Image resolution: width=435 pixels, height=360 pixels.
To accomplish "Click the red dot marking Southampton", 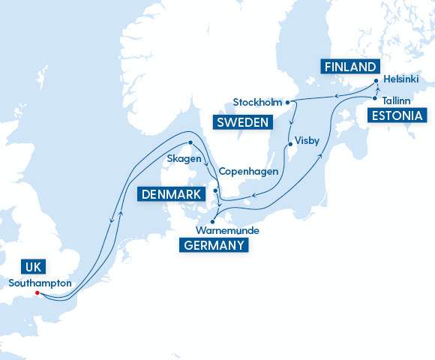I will pyautogui.click(x=37, y=293).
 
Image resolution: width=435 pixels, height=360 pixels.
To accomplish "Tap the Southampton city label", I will pyautogui.click(x=40, y=283).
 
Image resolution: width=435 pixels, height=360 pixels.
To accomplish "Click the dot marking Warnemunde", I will pyautogui.click(x=213, y=220).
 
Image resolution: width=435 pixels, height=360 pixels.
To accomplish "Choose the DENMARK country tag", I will pyautogui.click(x=172, y=195).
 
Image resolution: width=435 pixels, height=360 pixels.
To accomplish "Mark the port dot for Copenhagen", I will pyautogui.click(x=216, y=190).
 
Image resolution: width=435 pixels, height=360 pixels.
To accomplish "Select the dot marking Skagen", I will pyautogui.click(x=190, y=142).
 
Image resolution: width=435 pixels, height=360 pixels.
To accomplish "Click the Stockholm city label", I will pyautogui.click(x=256, y=102).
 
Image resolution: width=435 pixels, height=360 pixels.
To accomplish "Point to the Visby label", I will pyautogui.click(x=307, y=139).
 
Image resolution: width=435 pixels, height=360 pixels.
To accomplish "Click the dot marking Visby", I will pyautogui.click(x=289, y=143).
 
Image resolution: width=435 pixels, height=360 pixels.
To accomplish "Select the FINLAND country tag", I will pyautogui.click(x=349, y=67).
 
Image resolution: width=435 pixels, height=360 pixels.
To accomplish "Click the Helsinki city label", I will pyautogui.click(x=400, y=79).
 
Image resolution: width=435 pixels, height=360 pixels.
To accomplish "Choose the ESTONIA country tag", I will pyautogui.click(x=397, y=115).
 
